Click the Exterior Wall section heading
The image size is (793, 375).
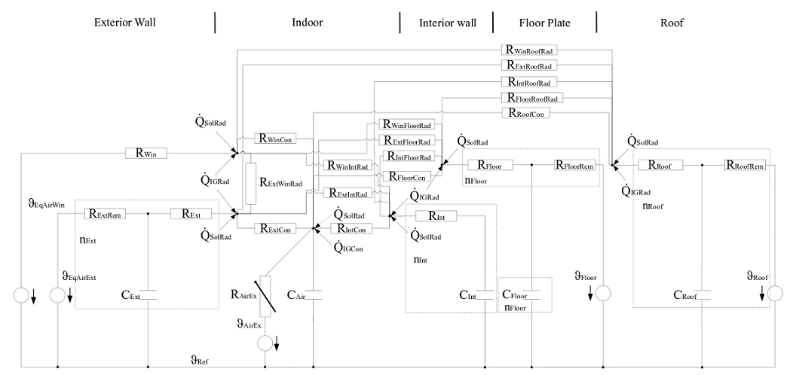click(124, 23)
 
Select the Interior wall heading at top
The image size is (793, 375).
click(447, 23)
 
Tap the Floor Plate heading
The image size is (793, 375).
click(544, 23)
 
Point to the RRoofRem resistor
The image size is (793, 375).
click(746, 165)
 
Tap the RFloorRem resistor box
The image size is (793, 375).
click(574, 165)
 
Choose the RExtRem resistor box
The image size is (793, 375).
click(106, 214)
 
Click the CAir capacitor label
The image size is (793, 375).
click(296, 294)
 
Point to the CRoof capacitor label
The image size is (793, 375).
click(684, 295)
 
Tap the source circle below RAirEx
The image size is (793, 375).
click(265, 343)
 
